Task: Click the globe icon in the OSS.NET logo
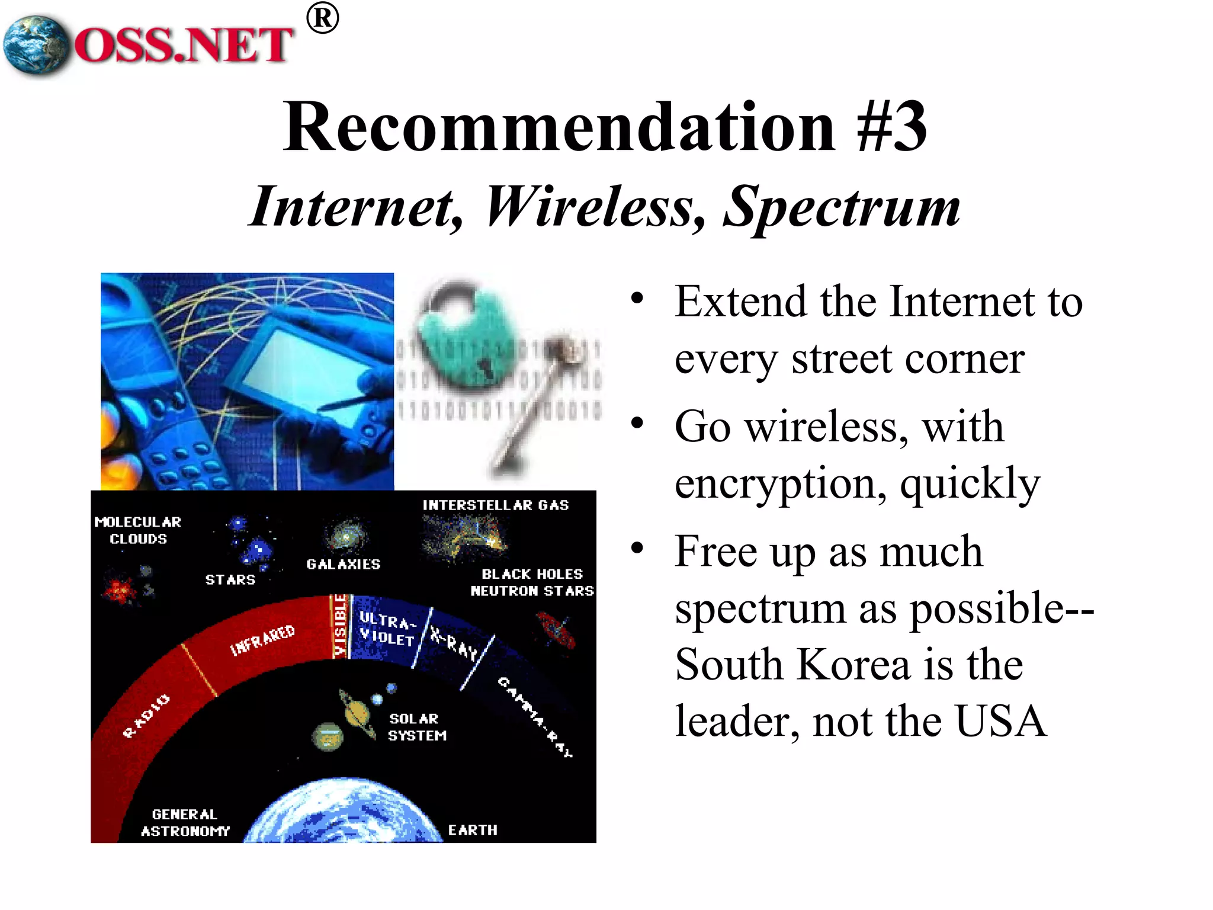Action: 36,46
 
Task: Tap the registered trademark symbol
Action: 323,18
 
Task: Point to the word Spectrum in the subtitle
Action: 841,207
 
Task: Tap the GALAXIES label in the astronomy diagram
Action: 344,564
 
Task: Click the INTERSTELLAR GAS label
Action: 495,505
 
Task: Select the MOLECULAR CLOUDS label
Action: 138,530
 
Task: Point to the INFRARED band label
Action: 262,640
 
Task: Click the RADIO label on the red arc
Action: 146,716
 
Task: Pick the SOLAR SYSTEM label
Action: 416,727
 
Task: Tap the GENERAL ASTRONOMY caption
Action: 185,822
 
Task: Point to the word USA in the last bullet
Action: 1001,721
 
